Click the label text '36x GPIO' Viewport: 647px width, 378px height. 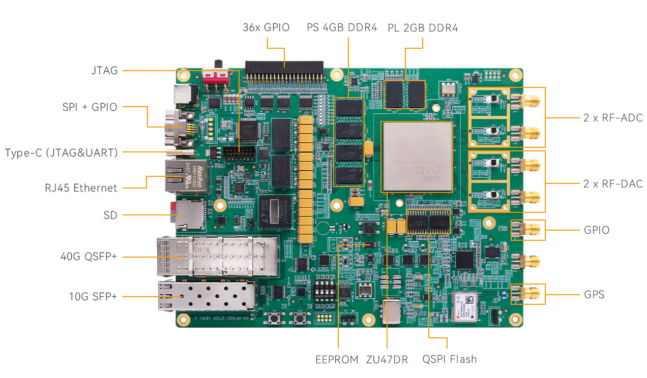pyautogui.click(x=266, y=27)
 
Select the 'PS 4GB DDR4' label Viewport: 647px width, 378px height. pyautogui.click(x=342, y=27)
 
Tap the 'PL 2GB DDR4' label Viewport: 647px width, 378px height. pyautogui.click(x=423, y=27)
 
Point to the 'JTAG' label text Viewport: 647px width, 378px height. pyautogui.click(x=104, y=71)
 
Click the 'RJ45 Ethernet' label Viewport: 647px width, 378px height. pyautogui.click(x=81, y=188)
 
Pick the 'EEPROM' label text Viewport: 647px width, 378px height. pyautogui.click(x=337, y=360)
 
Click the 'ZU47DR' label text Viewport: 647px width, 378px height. pyautogui.click(x=387, y=360)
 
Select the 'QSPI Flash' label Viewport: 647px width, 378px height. pyautogui.click(x=450, y=360)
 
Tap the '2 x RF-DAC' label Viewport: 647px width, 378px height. pyautogui.click(x=613, y=184)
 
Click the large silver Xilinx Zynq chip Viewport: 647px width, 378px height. pyautogui.click(x=417, y=156)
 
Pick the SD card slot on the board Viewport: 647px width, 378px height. pyautogui.click(x=189, y=214)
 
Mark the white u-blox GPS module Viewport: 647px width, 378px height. pyautogui.click(x=464, y=307)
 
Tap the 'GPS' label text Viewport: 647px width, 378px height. pyautogui.click(x=594, y=295)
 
